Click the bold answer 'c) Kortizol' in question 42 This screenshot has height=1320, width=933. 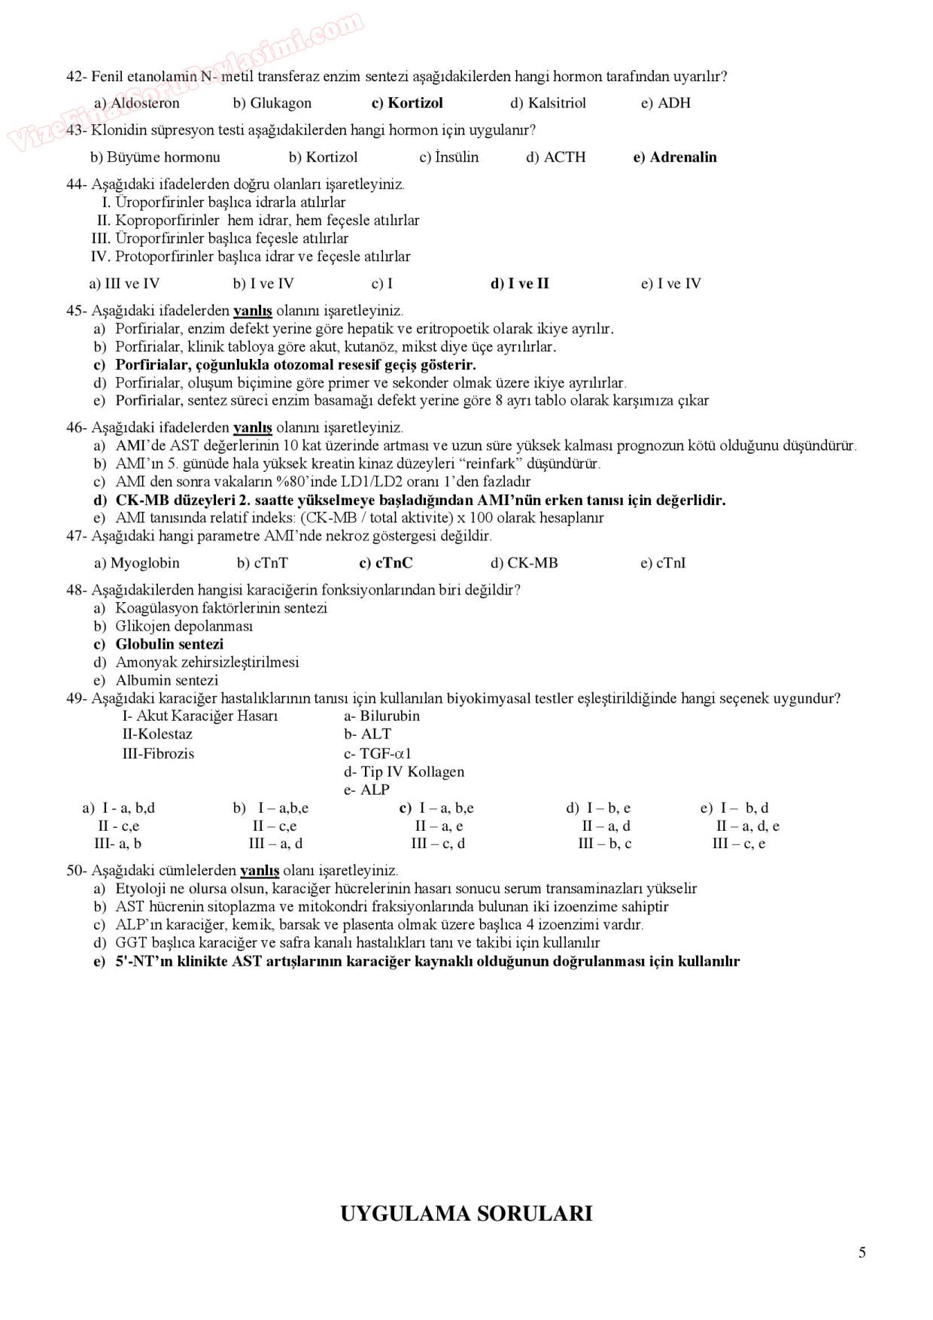pos(407,103)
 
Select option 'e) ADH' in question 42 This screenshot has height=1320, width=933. pos(665,103)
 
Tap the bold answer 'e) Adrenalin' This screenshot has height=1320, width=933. pos(675,157)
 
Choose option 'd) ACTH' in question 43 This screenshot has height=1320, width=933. pos(555,157)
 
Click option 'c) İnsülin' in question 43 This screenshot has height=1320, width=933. pos(448,157)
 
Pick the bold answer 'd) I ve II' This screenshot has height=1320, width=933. pos(520,284)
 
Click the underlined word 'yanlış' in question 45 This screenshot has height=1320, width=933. pos(253,311)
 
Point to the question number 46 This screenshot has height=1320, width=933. pos(75,427)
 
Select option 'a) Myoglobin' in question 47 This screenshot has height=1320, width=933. pos(137,563)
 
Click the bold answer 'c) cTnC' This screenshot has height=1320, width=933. pos(386,563)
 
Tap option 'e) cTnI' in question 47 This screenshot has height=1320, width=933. pos(663,563)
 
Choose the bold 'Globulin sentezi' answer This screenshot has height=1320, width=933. pos(169,644)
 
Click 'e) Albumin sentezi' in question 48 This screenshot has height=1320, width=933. pos(156,680)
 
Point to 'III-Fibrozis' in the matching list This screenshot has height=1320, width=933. pos(158,753)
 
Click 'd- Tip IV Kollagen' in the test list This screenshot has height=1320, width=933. pos(404,771)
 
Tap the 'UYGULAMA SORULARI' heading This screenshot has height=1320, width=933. pos(466,1213)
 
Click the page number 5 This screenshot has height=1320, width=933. pos(862,1252)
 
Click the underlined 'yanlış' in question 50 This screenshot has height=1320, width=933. pos(260,871)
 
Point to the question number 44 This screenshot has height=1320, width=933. pos(75,184)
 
